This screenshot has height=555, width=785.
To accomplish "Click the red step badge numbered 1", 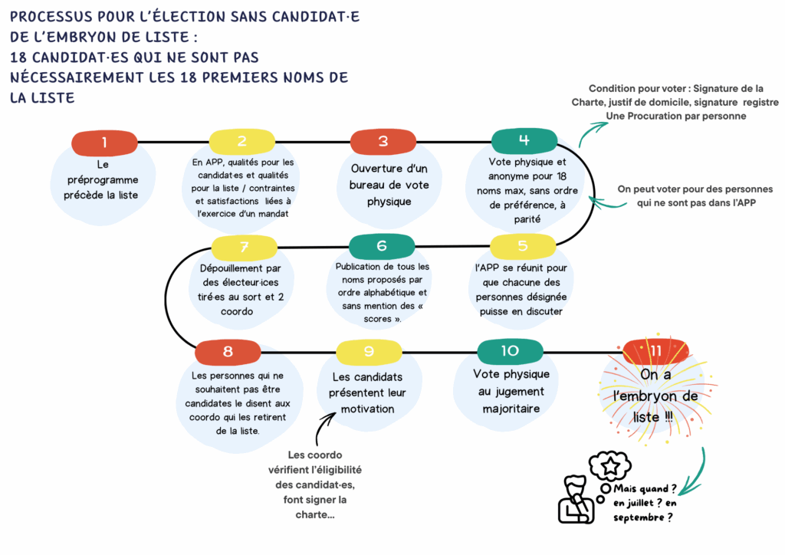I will [104, 142].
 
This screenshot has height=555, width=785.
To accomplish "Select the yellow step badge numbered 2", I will [242, 141].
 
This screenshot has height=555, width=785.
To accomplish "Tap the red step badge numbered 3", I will [383, 141].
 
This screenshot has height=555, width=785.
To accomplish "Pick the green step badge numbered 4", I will [524, 140].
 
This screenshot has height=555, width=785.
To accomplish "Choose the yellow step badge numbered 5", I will [523, 246].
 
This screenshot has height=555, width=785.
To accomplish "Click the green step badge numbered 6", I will [382, 246].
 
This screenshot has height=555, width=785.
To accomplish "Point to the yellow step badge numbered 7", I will [244, 247].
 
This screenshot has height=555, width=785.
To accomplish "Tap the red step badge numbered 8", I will [228, 352].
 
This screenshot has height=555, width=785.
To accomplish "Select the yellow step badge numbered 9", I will [369, 352].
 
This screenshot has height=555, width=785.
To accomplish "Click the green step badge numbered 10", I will [510, 351].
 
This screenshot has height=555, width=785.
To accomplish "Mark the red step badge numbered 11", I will [655, 351].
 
